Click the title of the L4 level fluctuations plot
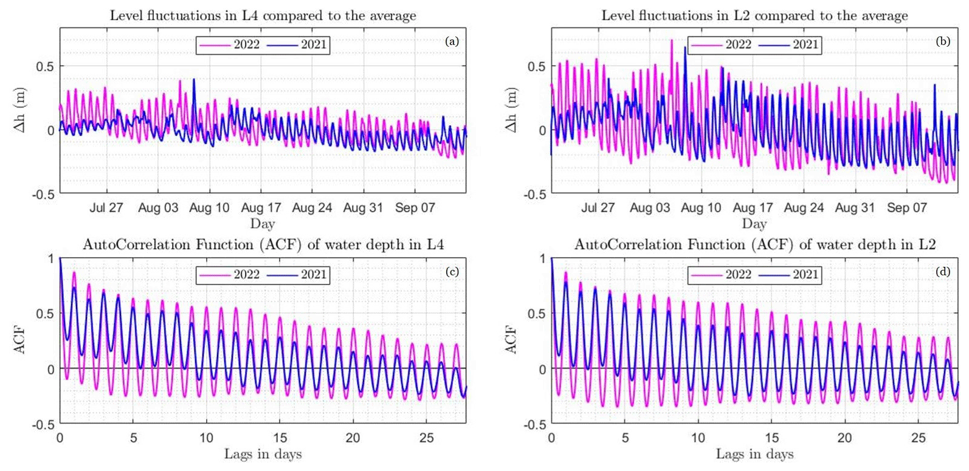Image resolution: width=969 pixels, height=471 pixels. coord(263,16)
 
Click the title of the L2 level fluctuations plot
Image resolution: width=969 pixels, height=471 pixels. coord(754,16)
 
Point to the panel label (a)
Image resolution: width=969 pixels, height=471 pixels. coord(452,41)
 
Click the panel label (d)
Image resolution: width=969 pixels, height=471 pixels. coord(943,271)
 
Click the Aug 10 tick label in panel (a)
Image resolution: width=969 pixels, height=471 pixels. coord(209,208)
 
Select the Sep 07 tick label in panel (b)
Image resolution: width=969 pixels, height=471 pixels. coord(906,208)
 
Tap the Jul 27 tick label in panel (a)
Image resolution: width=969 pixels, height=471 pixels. coord(106,208)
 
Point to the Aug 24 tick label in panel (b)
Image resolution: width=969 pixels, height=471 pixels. coord(804,208)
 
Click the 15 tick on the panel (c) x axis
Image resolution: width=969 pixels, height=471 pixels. coord(280,438)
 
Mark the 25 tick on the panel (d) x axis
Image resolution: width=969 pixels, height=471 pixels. coord(918,438)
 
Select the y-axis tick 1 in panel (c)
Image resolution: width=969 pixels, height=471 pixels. coord(50,259)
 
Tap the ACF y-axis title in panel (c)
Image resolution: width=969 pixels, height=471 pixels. coord(20,340)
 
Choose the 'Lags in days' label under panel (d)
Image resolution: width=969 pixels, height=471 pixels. coord(754,454)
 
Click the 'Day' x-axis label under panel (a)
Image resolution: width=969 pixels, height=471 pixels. coord(263,224)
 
